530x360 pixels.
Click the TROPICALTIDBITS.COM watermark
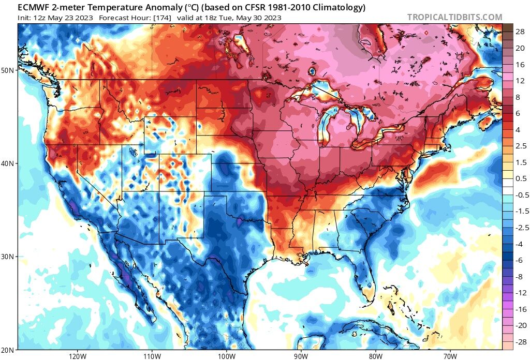pos(454,17)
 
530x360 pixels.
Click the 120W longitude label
pos(77,356)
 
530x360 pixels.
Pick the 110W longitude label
pos(151,356)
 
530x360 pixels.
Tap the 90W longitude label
pos(301,356)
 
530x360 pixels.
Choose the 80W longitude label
pos(375,356)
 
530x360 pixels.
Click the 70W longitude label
pos(450,356)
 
